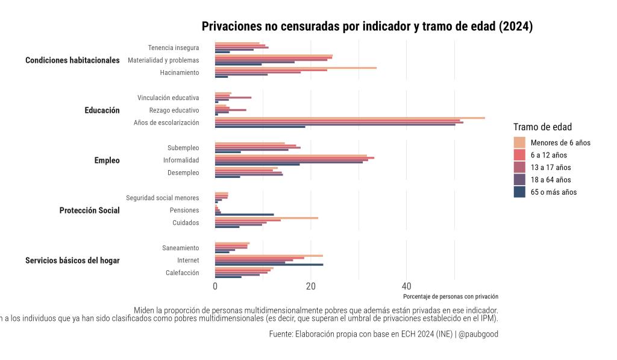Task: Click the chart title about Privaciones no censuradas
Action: pos(367,27)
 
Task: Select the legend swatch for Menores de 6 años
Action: pos(519,142)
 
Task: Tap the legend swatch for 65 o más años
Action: pos(519,192)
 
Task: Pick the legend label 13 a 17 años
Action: pos(551,168)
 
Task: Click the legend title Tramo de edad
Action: pos(542,127)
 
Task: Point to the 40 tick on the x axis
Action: pos(407,286)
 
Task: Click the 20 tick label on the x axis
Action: pos(311,286)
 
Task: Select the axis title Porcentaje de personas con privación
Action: pos(451,297)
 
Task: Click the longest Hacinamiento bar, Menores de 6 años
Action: pos(296,68)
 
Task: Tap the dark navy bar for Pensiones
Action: pos(245,215)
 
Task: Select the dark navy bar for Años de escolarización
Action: pos(260,127)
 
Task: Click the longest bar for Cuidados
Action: pos(266,218)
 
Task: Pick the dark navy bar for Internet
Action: pos(269,265)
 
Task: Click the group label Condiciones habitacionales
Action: pos(72,60)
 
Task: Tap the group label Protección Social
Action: pos(89,210)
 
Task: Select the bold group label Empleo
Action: pos(107,160)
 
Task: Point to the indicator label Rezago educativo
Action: pos(174,110)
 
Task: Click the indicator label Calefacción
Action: pos(182,273)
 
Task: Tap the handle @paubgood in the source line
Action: pos(478,334)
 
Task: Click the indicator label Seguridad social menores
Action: pos(163,198)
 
